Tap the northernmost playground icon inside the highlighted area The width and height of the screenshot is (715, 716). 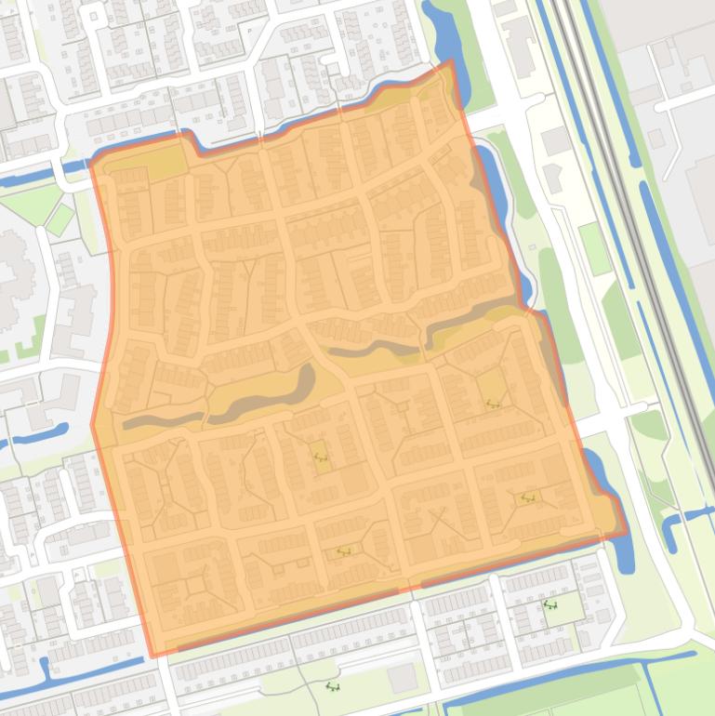(492, 403)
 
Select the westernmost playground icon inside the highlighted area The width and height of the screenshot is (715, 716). (321, 457)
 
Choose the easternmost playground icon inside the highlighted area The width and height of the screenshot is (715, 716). (529, 498)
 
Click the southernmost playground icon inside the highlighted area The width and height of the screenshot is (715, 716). (343, 551)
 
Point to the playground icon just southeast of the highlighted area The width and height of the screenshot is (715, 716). (549, 605)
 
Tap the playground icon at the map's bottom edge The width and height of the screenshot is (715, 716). (332, 687)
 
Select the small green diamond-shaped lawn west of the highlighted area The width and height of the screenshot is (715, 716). (60, 220)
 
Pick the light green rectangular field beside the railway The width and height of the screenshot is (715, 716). (595, 248)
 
